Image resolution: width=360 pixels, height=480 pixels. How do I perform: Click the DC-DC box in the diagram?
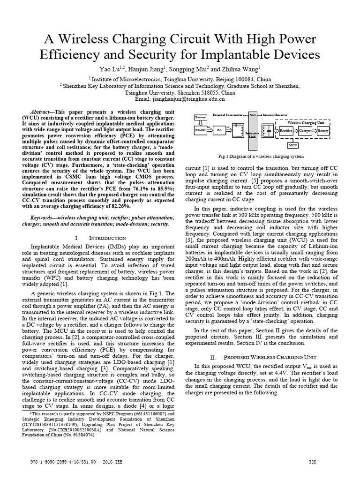(x=201, y=131)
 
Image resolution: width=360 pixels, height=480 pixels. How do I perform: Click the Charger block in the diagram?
(x=305, y=131)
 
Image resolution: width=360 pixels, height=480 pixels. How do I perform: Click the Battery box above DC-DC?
(x=201, y=116)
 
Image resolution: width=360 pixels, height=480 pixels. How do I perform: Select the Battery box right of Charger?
(x=323, y=131)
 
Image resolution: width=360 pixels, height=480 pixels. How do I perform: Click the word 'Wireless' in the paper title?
(x=94, y=37)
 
